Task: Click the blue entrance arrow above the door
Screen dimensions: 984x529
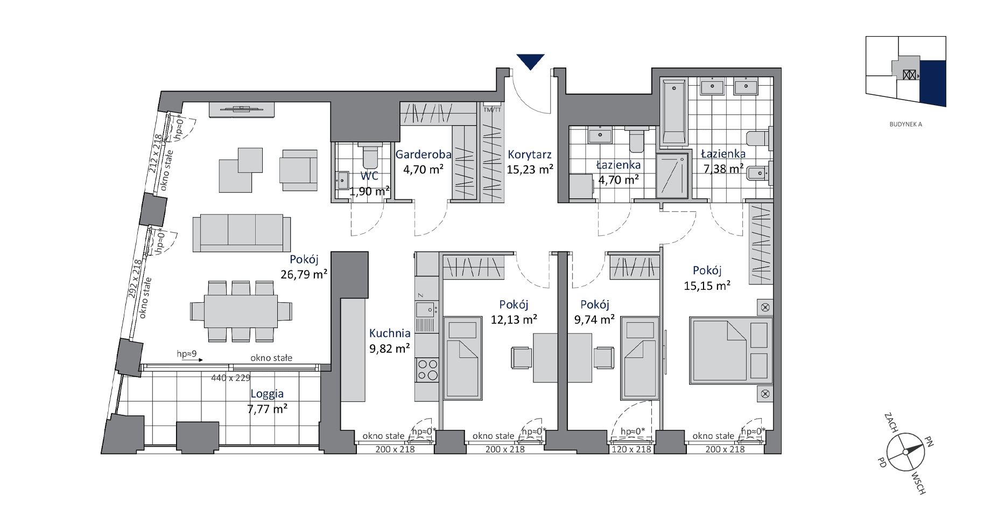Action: point(530,61)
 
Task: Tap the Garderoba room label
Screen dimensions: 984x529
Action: point(423,155)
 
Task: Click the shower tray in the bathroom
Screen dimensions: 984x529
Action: point(672,175)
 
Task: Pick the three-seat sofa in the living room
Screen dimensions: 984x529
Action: point(242,233)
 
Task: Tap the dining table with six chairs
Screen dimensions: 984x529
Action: point(241,311)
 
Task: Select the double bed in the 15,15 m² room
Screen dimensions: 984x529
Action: point(731,350)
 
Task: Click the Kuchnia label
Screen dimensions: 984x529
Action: point(389,333)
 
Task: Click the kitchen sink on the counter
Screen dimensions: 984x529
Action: point(426,309)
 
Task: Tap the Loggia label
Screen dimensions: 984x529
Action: point(266,394)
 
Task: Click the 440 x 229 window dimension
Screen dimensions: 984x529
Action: point(230,378)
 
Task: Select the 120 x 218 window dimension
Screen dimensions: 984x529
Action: point(631,449)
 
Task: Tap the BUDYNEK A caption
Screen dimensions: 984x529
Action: point(905,124)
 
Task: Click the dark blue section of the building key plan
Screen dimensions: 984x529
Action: point(933,82)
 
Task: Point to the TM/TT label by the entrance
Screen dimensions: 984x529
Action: point(492,110)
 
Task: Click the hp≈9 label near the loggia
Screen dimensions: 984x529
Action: point(187,354)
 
